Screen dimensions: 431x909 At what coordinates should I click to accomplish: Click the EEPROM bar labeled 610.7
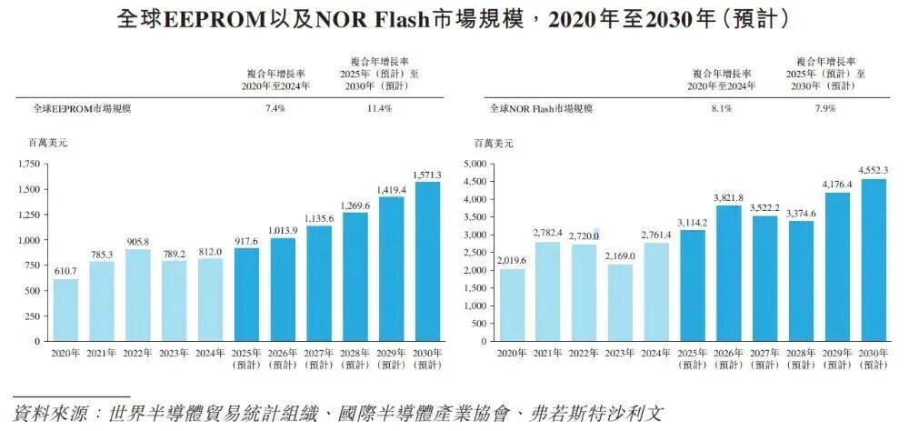pyautogui.click(x=65, y=309)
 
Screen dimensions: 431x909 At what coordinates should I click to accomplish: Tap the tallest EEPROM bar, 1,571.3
pyautogui.click(x=427, y=261)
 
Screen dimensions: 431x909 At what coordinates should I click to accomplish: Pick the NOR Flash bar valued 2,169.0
pyautogui.click(x=620, y=302)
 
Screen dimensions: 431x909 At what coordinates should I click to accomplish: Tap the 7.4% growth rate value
pyautogui.click(x=275, y=108)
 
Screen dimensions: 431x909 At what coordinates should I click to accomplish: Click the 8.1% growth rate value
pyautogui.click(x=722, y=108)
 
